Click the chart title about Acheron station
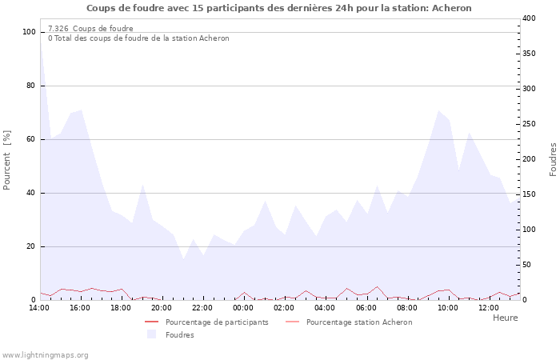coord(279,8)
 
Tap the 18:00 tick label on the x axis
coord(120,307)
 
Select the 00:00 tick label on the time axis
coord(243,307)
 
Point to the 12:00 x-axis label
coord(489,307)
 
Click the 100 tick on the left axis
coord(30,32)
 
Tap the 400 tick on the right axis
coord(530,18)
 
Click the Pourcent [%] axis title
coord(8,160)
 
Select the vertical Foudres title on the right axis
coord(553,159)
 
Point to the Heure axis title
coord(505,318)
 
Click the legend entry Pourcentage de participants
coord(217,322)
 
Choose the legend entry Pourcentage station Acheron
coord(359,322)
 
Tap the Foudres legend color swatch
coord(151,334)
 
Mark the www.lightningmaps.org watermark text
coord(45,354)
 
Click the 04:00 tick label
coord(325,307)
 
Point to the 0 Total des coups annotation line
coord(138,38)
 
